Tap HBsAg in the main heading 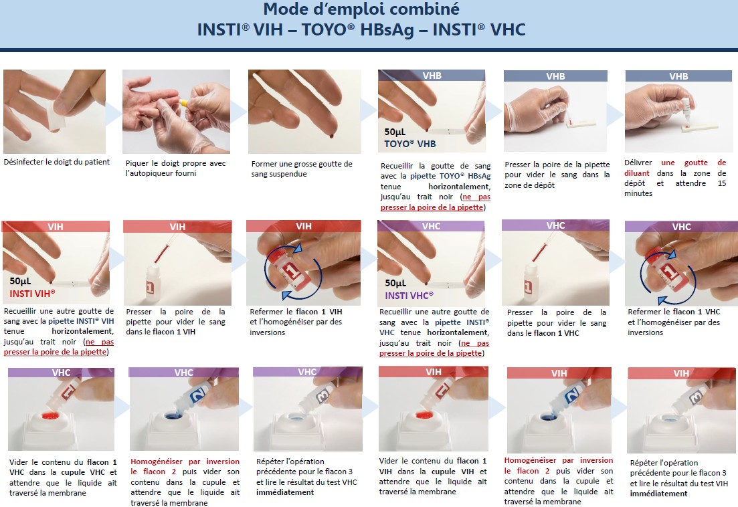point(387,29)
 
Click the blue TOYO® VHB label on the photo point(410,144)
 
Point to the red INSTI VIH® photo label point(33,294)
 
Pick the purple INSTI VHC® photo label point(409,296)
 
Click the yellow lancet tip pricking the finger point(183,102)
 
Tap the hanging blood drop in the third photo point(331,136)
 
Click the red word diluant point(637,173)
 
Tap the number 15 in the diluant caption point(721,183)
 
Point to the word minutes point(638,193)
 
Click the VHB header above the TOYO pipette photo point(432,76)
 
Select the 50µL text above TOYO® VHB point(395,132)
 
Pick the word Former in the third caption point(264,164)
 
